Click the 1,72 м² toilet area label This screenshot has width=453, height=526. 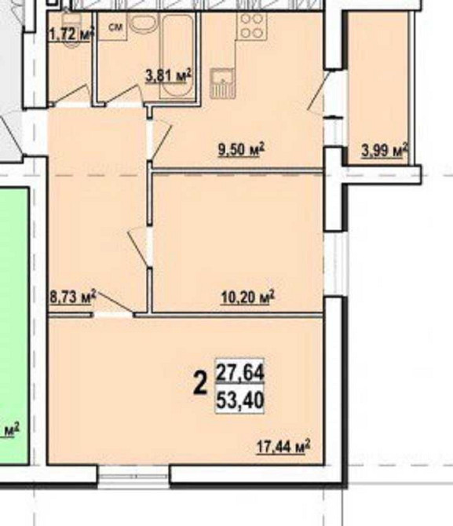[71, 33]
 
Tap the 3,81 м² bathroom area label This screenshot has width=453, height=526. [169, 76]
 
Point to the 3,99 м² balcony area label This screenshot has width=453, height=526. [384, 149]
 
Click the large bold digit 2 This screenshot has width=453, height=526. [201, 384]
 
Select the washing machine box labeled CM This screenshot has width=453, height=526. [115, 29]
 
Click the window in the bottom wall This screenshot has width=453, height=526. [133, 475]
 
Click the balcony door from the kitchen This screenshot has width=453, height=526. [318, 99]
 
